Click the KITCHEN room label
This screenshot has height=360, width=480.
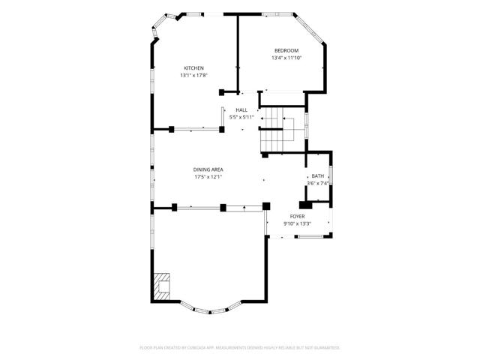click(x=193, y=68)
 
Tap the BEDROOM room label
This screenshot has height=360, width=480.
click(x=285, y=50)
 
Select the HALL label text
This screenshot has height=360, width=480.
click(x=241, y=110)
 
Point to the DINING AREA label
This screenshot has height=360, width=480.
click(x=208, y=169)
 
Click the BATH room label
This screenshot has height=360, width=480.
click(x=318, y=176)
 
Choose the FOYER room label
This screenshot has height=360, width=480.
click(x=297, y=216)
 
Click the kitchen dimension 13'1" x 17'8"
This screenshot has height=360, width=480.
click(x=193, y=75)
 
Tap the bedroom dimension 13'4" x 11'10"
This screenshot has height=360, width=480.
click(x=285, y=58)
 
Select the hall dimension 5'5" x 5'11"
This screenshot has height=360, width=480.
click(x=241, y=117)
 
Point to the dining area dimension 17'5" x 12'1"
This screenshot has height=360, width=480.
click(x=208, y=177)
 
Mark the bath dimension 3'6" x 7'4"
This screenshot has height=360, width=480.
click(x=318, y=183)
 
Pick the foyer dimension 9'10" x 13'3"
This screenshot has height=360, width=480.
click(x=297, y=223)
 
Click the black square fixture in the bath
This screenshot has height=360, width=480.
click(x=306, y=204)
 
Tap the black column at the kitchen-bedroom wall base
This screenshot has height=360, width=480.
click(x=222, y=92)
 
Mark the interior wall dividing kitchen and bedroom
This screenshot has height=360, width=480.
click(x=238, y=52)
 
